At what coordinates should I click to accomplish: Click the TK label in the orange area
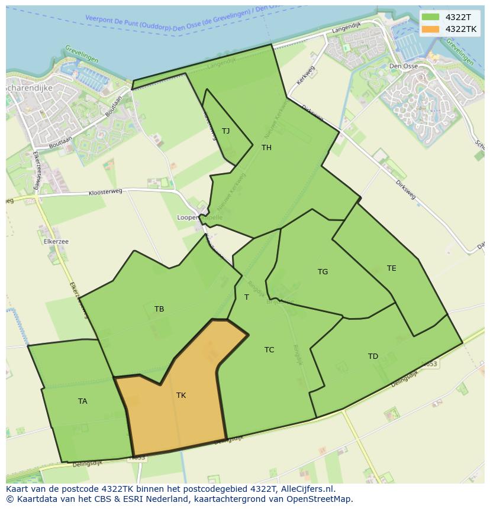click(x=181, y=395)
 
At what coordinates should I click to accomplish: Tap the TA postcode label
click(x=83, y=401)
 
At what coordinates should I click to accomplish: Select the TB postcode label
click(x=159, y=309)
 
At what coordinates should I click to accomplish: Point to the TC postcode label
click(x=269, y=350)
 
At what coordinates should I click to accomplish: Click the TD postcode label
click(x=373, y=356)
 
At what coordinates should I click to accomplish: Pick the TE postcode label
click(x=391, y=268)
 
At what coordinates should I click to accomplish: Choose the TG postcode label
click(x=323, y=272)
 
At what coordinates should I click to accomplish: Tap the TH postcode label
click(x=266, y=148)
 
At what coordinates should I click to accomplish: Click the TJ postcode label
click(x=225, y=131)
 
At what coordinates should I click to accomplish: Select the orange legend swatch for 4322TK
click(x=430, y=29)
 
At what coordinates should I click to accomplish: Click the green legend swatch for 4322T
click(x=430, y=17)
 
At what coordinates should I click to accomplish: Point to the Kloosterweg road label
click(x=105, y=192)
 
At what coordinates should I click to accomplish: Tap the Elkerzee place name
click(x=56, y=242)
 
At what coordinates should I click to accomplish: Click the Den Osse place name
click(x=404, y=66)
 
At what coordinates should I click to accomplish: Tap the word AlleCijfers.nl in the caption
click(x=307, y=489)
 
